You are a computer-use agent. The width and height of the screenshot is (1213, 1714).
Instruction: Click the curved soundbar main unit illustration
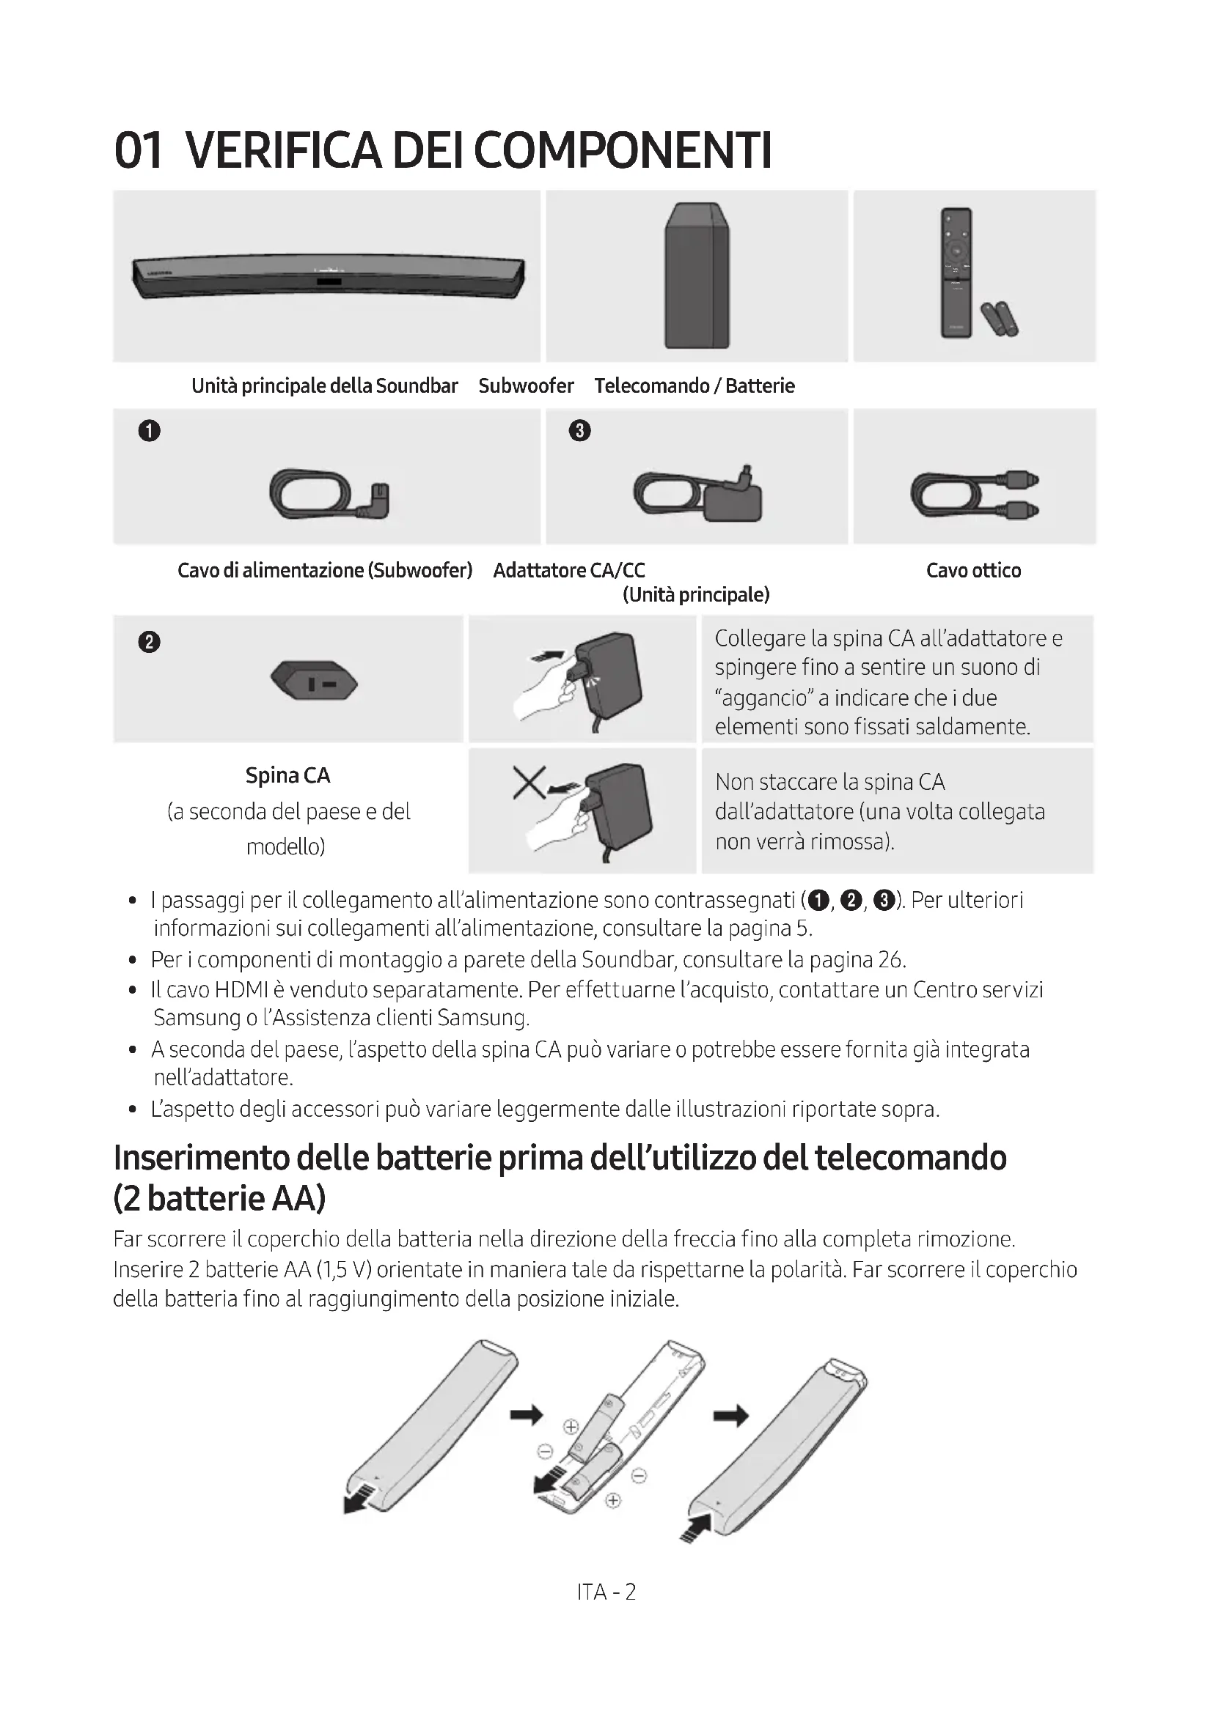328,277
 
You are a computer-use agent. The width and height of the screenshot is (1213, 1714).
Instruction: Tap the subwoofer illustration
697,276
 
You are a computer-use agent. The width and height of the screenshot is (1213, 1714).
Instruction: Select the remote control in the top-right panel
956,273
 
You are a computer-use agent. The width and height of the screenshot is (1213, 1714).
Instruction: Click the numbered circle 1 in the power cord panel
150,431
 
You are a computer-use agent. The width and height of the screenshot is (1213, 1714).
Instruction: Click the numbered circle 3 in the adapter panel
579,431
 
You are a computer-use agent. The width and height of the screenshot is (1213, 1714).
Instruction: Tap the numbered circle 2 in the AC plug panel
150,642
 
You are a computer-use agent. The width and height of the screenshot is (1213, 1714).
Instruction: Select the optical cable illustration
974,495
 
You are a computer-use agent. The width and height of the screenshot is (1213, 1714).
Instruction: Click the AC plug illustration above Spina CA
314,680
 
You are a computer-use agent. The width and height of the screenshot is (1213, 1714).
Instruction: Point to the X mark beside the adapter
529,783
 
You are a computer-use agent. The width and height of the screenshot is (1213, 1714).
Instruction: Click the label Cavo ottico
973,570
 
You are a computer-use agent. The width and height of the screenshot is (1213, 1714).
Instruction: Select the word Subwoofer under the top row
526,386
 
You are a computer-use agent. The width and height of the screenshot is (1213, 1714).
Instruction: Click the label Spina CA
287,775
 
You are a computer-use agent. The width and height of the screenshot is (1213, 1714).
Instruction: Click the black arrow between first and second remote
526,1414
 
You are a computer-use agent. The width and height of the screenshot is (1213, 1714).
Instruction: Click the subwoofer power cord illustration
329,494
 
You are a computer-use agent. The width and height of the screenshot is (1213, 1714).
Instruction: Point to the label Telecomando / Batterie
694,386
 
